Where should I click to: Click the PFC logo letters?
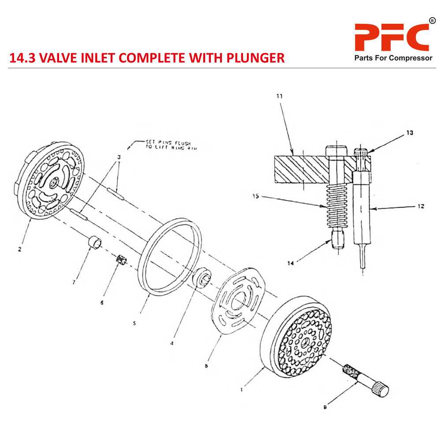(392, 37)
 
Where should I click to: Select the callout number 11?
(280, 96)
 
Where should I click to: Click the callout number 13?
(410, 133)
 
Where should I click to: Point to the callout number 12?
(421, 206)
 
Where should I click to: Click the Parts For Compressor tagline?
(393, 58)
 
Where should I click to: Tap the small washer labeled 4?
(204, 277)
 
